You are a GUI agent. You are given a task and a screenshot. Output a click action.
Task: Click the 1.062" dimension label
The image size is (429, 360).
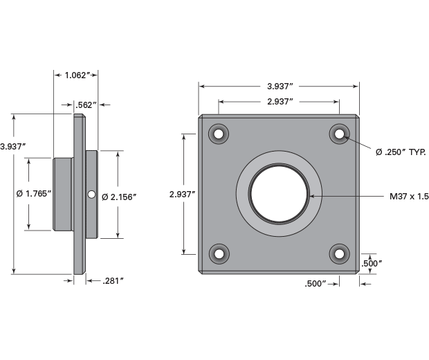76,74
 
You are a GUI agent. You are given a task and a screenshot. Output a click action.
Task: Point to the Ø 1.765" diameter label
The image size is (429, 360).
34,194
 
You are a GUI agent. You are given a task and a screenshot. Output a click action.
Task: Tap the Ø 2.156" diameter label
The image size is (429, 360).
119,197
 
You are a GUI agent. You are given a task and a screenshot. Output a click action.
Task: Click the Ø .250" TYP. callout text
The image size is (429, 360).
400,152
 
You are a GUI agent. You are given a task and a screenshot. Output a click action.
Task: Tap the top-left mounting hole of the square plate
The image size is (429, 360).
219,134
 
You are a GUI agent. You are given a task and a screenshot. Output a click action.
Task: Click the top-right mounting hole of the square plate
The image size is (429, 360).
339,134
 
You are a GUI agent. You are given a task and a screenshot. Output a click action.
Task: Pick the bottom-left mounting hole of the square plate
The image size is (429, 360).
219,254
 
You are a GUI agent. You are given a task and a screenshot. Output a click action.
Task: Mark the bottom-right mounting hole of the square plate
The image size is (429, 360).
339,254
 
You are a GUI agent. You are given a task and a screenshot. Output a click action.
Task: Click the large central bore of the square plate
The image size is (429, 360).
279,194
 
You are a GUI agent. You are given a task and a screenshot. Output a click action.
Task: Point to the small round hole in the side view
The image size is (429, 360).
91,195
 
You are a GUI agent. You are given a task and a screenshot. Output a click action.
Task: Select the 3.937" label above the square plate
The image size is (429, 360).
280,86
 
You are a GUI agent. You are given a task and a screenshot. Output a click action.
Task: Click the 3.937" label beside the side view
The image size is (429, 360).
13,146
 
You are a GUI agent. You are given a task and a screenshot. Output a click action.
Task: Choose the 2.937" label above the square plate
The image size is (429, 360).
280,101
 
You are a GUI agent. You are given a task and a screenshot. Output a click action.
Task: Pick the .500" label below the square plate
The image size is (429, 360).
316,283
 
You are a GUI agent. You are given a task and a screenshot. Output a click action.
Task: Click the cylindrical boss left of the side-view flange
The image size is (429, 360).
63,194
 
